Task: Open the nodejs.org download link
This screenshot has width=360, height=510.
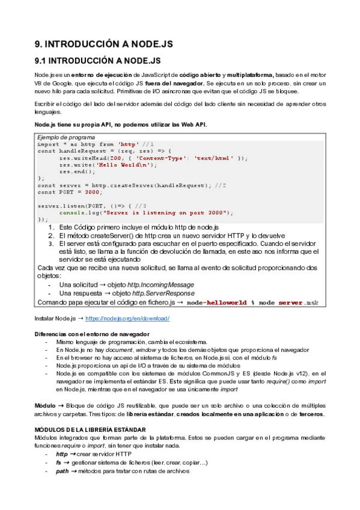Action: click(127, 318)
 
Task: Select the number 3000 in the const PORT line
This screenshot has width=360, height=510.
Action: click(92, 192)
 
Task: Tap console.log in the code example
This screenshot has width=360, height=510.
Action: click(79, 212)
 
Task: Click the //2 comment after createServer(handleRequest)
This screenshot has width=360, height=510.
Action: click(221, 185)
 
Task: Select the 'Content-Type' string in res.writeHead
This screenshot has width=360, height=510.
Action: click(157, 158)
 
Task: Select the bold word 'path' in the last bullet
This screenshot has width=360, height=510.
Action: click(62, 471)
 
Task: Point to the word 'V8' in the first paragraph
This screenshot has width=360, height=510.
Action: click(38, 83)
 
